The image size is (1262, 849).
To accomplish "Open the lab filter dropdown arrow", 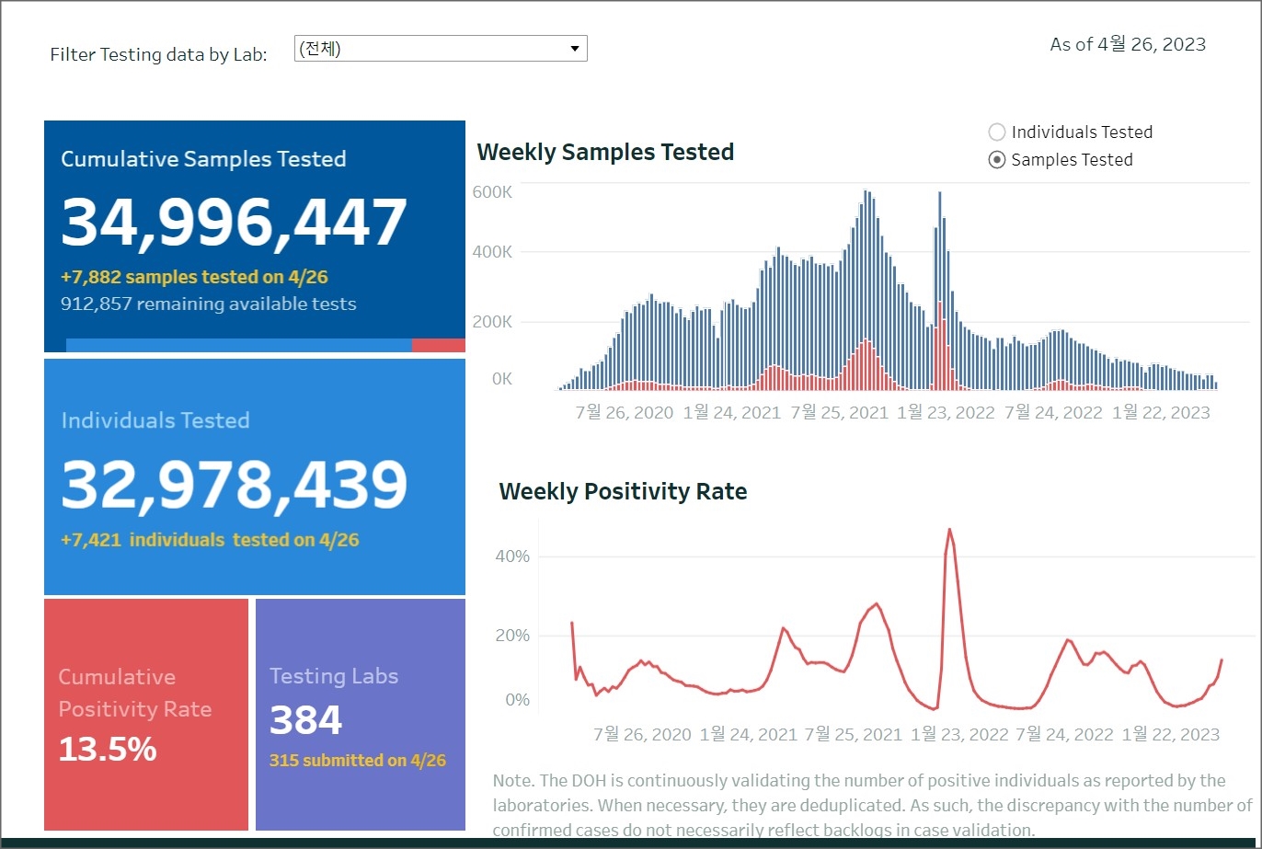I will [575, 49].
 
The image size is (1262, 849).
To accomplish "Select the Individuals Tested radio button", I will [996, 132].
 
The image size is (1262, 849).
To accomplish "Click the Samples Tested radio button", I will [996, 160].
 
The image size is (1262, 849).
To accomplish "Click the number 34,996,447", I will [234, 223].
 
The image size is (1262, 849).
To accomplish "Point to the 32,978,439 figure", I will [234, 485].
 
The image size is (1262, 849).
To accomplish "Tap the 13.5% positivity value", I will [108, 750].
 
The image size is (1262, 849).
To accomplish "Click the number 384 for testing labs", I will [305, 720].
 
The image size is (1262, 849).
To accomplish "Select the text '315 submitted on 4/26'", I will [357, 761].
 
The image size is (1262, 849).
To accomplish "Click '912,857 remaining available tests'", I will [208, 304].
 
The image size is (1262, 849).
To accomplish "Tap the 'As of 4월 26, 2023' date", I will [1128, 44].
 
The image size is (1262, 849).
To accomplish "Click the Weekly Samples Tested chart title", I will [605, 152].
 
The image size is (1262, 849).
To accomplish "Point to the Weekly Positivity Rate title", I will [623, 491].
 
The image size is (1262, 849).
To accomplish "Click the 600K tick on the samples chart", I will [493, 191].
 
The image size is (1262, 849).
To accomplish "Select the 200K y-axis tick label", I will [493, 322].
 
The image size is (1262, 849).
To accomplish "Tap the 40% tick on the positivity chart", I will [512, 556].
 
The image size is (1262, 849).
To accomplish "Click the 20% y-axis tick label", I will [512, 636].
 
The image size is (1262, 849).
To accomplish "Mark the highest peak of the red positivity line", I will [949, 530].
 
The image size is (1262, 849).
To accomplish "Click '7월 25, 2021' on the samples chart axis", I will [839, 412].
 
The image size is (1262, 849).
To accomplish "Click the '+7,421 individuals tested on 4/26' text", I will [210, 540].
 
